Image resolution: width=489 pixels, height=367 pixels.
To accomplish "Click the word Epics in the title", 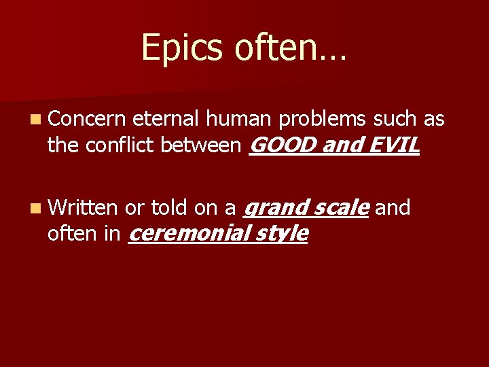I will pyautogui.click(x=170, y=48).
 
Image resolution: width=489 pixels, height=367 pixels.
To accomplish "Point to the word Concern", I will pyautogui.click(x=87, y=120).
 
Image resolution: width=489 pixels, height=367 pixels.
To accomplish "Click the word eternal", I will pyautogui.click(x=165, y=120).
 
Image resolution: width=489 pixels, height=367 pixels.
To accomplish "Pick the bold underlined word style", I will pyautogui.click(x=283, y=234).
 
